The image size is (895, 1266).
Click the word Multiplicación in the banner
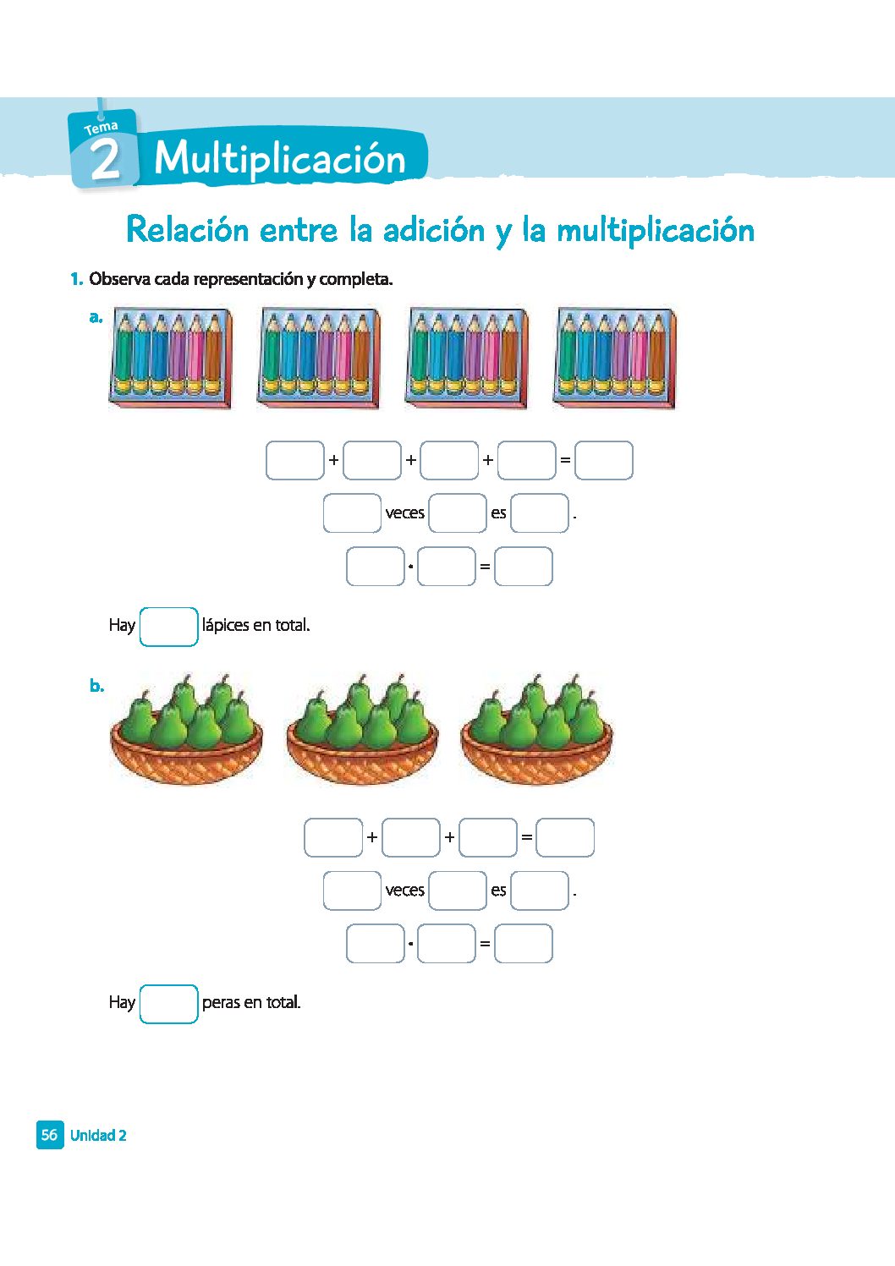(x=280, y=159)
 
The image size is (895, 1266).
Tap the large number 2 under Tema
(x=105, y=160)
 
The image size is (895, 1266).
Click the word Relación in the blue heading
(x=187, y=230)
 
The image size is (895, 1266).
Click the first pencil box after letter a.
(x=170, y=359)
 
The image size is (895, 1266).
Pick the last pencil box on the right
(x=614, y=359)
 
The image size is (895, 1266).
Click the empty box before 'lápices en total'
(x=168, y=627)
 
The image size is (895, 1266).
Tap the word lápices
(x=225, y=626)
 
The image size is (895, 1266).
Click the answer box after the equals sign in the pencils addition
(x=603, y=461)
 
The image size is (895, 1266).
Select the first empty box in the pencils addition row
(x=295, y=461)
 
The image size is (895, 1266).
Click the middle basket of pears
(x=362, y=730)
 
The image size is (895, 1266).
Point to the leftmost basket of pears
(x=186, y=730)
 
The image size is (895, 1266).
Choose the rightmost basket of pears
(x=536, y=730)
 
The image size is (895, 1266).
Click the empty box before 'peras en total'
(x=168, y=1004)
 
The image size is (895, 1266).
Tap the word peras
(x=221, y=1003)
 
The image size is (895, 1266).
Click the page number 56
(x=50, y=1135)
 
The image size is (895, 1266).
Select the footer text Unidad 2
(x=98, y=1136)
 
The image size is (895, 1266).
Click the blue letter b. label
(x=97, y=686)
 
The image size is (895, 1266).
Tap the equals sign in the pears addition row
(x=526, y=838)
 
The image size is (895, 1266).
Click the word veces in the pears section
(x=404, y=891)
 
